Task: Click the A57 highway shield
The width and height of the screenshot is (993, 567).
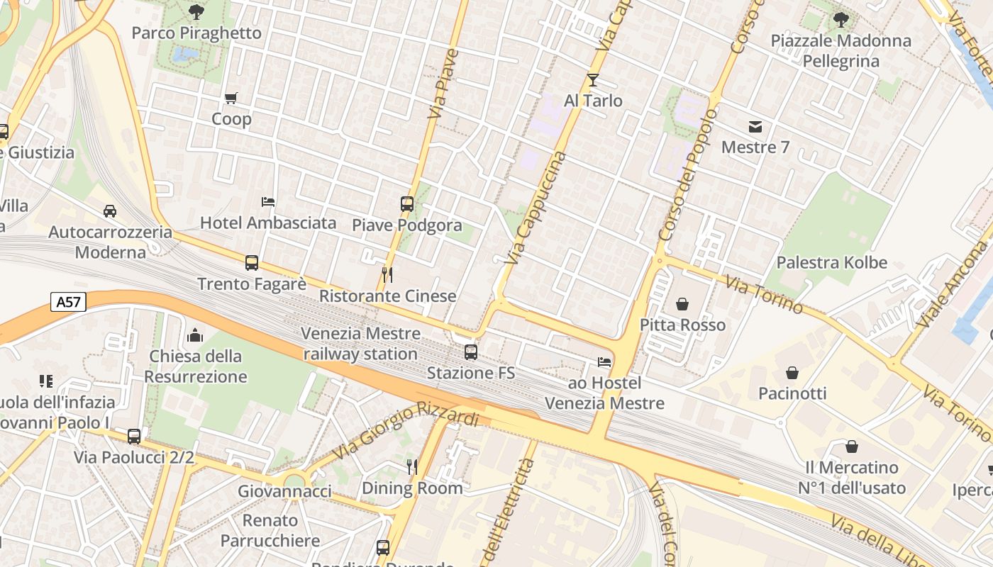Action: click(x=69, y=302)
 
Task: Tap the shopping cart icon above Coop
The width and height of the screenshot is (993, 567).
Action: click(x=231, y=98)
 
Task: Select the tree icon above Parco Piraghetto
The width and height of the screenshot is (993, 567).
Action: click(x=196, y=11)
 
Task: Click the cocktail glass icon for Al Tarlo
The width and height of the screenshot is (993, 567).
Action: click(x=593, y=79)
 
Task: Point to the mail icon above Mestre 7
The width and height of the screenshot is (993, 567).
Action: click(x=755, y=127)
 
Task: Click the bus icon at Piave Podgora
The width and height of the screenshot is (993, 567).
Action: click(x=407, y=204)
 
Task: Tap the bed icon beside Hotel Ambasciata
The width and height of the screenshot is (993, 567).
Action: click(x=268, y=202)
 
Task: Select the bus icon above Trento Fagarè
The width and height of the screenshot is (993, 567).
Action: click(x=252, y=263)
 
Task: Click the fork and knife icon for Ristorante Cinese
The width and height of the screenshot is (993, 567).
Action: click(x=387, y=274)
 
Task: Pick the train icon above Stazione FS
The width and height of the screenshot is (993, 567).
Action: click(x=471, y=352)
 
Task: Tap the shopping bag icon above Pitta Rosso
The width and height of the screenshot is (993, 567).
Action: click(x=682, y=304)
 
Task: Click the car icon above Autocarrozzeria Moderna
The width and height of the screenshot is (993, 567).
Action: click(x=110, y=211)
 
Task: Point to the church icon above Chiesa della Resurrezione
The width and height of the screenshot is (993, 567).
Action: click(x=195, y=335)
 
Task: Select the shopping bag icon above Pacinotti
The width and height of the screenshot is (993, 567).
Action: click(x=792, y=372)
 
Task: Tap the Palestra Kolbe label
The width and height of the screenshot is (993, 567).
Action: click(x=831, y=262)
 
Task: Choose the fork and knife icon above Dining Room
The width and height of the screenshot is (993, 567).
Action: click(x=412, y=466)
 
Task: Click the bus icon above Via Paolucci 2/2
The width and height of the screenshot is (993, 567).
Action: click(x=134, y=436)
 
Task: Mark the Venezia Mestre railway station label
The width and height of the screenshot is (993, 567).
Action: click(x=360, y=343)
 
